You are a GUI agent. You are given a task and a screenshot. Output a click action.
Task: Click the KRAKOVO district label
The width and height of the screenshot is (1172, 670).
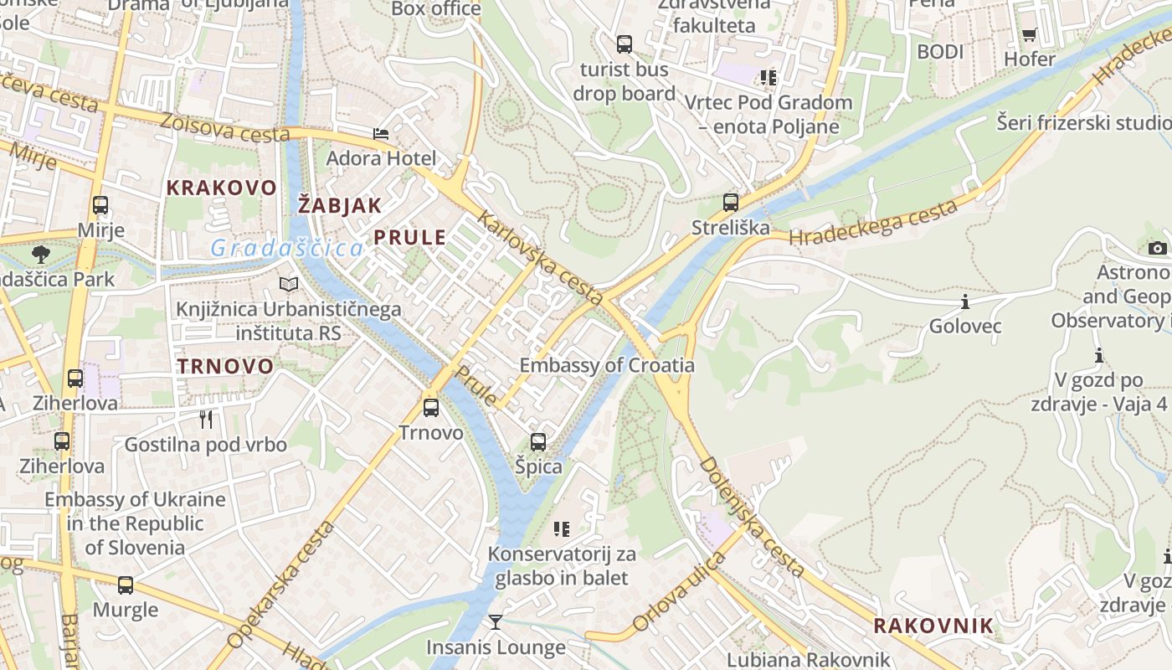point(221,188)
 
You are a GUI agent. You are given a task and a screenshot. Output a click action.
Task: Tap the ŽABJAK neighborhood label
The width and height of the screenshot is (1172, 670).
point(340,205)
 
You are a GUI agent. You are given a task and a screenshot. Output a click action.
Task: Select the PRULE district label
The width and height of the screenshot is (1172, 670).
point(410,238)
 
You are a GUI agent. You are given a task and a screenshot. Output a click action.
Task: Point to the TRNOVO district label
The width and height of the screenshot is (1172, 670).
point(225,366)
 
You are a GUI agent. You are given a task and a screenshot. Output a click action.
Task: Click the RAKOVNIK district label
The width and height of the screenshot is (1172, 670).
point(933,626)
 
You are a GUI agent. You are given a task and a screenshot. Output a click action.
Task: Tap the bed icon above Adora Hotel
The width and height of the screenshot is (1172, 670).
point(381,134)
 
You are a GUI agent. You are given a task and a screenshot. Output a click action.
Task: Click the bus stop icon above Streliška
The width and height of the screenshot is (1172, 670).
point(731,202)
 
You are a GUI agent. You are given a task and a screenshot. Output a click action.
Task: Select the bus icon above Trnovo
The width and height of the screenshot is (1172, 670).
point(431,408)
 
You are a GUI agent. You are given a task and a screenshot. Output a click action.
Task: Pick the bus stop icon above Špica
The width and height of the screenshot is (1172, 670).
point(538,441)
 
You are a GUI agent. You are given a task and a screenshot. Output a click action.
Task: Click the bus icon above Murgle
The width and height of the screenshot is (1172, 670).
point(126,585)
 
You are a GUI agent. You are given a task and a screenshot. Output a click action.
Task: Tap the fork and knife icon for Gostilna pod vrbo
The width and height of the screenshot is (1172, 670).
point(206,419)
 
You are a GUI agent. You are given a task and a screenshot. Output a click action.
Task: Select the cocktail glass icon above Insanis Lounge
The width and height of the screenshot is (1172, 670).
point(496,621)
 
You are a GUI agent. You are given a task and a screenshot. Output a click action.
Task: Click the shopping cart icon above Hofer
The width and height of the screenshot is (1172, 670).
point(1029,34)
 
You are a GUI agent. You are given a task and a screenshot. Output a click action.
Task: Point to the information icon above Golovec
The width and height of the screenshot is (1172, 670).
point(964,301)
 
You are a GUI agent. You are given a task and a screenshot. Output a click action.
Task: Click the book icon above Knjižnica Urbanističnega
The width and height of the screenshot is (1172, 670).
point(289,285)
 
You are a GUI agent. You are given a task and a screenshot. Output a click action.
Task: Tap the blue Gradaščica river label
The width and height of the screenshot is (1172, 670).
point(287,248)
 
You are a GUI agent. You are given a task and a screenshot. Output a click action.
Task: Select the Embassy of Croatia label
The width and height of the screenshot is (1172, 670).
point(607,365)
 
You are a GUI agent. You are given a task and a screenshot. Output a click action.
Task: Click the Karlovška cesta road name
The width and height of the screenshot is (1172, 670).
point(540,258)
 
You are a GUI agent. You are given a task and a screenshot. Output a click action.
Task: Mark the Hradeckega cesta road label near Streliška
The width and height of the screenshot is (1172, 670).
point(873,224)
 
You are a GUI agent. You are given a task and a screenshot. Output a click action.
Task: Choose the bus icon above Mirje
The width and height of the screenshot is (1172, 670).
point(100,205)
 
